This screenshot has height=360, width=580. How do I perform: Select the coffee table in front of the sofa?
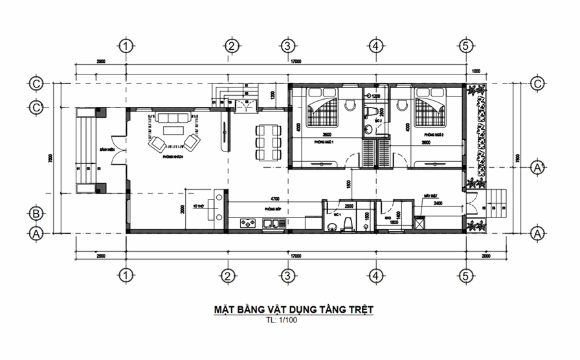(x=173, y=131)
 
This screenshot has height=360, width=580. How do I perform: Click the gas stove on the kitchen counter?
(x=248, y=224)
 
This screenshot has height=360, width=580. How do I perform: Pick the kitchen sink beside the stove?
(x=275, y=224)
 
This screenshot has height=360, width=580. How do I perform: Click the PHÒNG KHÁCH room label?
(x=172, y=157)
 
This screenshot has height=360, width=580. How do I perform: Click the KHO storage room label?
(x=387, y=218)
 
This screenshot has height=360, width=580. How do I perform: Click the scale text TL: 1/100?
(x=284, y=319)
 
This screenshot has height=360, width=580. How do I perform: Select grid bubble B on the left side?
(x=37, y=213)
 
